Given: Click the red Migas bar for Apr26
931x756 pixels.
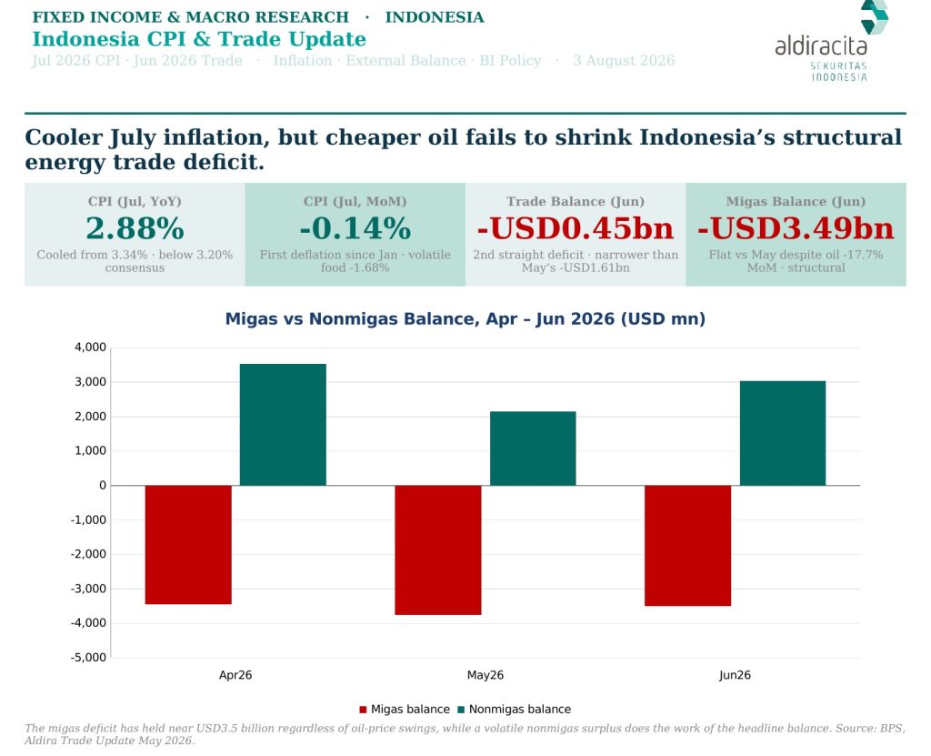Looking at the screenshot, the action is click(188, 544).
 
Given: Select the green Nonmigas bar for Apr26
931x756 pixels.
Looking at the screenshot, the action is click(283, 424).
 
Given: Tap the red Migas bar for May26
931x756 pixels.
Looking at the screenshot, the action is click(438, 549).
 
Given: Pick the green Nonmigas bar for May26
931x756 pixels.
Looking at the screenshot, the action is click(533, 449).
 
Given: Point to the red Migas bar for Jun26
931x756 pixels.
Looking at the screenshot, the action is click(687, 546).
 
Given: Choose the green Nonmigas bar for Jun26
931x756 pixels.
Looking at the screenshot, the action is click(783, 433).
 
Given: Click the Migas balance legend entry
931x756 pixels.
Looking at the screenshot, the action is click(405, 709).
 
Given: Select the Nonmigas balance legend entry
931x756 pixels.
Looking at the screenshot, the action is click(515, 709).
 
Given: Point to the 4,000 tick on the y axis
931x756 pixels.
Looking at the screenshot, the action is click(90, 348).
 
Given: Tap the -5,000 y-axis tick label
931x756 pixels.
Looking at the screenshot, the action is click(88, 658).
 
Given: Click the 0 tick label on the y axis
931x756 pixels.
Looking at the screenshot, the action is click(103, 486).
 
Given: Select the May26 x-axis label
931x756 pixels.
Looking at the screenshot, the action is click(486, 675).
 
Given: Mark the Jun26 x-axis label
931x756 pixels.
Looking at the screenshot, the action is click(735, 675).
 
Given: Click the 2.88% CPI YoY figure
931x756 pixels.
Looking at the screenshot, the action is click(135, 228).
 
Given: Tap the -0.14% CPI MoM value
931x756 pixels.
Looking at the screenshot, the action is click(355, 228).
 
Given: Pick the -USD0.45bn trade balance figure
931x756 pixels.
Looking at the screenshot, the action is click(576, 228).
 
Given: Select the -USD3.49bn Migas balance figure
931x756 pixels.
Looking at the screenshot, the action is click(796, 228).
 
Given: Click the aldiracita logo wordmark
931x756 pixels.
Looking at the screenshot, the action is click(821, 45).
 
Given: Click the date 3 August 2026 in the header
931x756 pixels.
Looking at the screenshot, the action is click(624, 61).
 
